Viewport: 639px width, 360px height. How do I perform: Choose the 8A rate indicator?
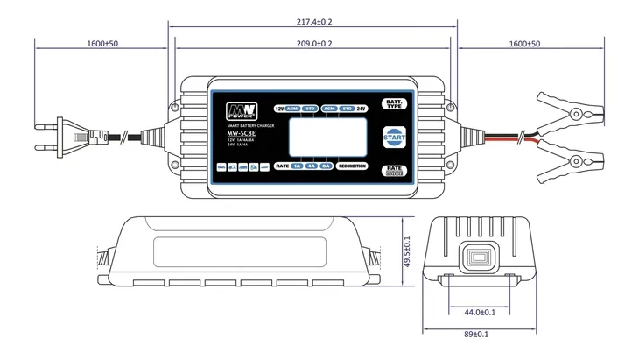point(325,165)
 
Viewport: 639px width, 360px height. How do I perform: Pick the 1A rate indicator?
point(297,165)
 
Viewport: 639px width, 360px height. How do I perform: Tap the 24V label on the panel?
point(361,109)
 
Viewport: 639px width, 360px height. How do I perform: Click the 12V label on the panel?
point(278,109)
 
